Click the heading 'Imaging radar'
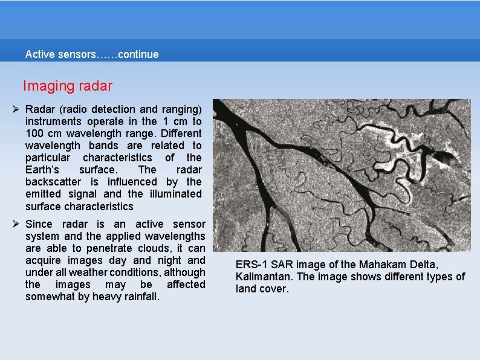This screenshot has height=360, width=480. coord(68,86)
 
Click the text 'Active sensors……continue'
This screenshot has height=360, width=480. coord(92,54)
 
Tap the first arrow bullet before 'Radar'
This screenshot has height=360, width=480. coord(17,109)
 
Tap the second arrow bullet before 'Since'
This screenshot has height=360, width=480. coord(17,224)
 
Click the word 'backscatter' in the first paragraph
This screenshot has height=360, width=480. coord(53,182)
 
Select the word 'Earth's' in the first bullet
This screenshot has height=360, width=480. coord(42,170)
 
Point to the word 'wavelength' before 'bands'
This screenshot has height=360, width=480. coord(53,146)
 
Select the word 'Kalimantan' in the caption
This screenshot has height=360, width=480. coord(262,277)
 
